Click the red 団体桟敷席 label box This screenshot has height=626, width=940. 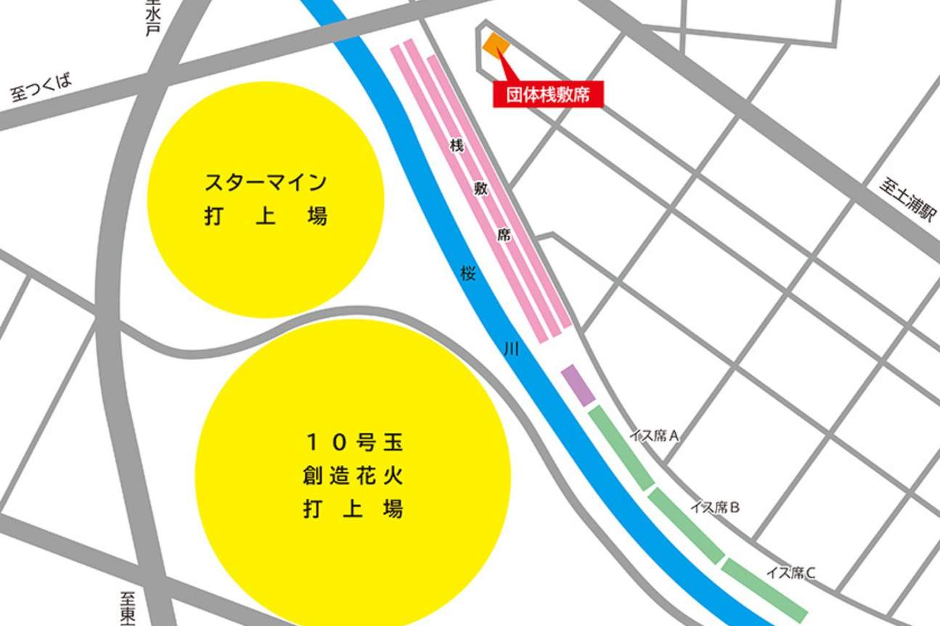(x=548, y=95)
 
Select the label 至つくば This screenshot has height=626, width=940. (x=41, y=89)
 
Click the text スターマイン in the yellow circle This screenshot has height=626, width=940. (x=265, y=181)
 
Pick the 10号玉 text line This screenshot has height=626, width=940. (x=353, y=440)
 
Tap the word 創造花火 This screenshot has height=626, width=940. (x=353, y=476)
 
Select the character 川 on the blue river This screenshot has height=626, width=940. (x=512, y=350)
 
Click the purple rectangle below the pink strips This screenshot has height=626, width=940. (x=578, y=384)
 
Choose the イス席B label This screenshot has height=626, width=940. (x=715, y=508)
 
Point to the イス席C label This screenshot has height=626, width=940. (x=790, y=573)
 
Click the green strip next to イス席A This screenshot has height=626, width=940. (x=620, y=448)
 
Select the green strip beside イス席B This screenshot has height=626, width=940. (x=686, y=526)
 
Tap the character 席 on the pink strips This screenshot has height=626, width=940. (x=503, y=234)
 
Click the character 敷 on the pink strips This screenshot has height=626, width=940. (x=480, y=190)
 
